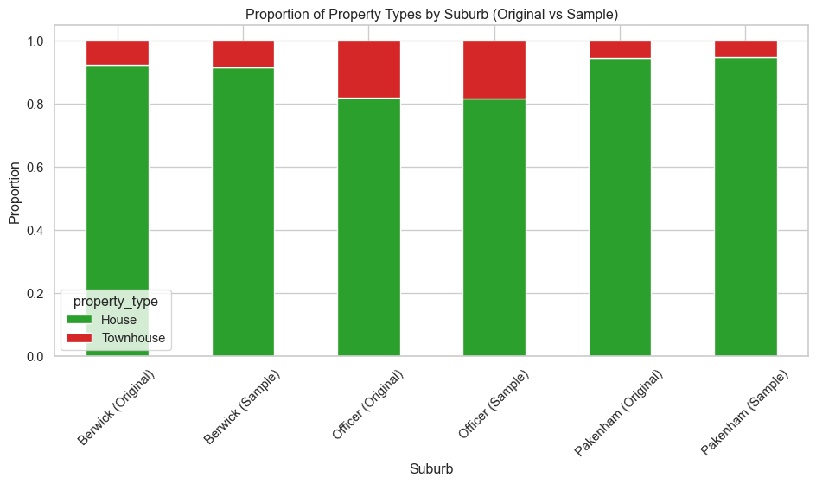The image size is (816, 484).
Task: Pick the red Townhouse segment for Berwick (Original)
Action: click(118, 53)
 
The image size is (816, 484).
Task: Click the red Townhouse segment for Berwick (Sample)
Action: click(243, 54)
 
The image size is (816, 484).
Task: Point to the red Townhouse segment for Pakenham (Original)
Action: click(620, 49)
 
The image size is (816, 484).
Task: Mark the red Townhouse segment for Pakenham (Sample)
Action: click(746, 49)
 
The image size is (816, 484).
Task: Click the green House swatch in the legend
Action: click(80, 320)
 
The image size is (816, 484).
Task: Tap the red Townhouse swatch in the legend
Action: click(80, 338)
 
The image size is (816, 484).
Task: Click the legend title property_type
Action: click(116, 301)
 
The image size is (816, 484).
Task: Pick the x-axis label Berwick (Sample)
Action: click(241, 407)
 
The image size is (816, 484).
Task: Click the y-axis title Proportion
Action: click(16, 199)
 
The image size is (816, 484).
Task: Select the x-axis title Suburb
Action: click(431, 468)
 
